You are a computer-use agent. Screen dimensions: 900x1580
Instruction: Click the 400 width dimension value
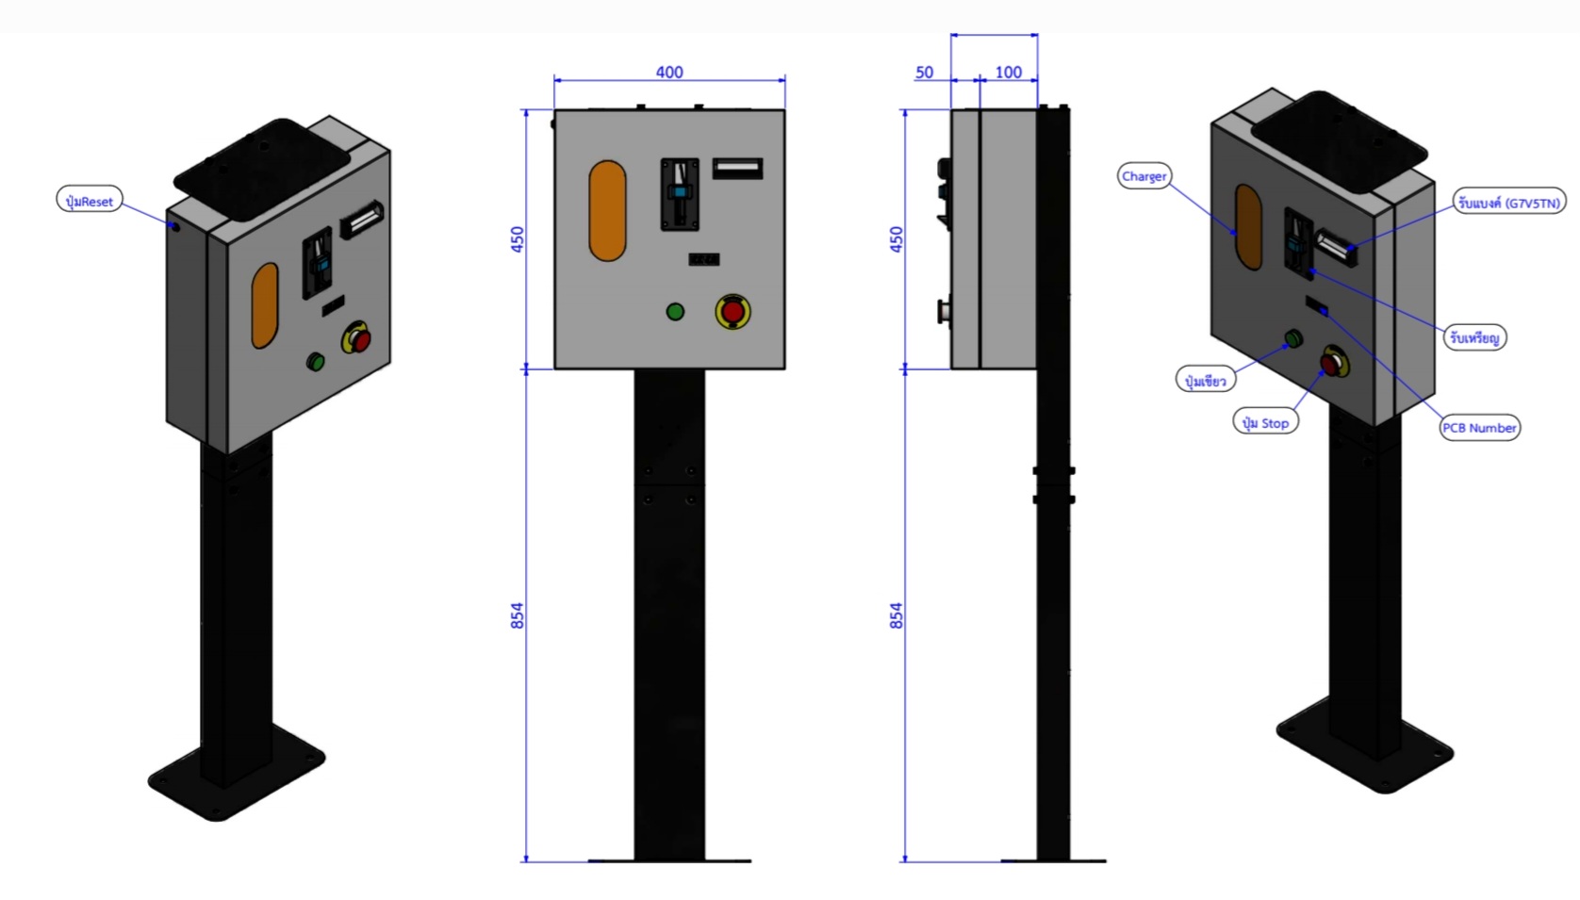[x=669, y=73]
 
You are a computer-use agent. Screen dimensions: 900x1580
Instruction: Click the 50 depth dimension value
[x=924, y=73]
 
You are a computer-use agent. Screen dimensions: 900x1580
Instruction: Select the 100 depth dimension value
[x=1008, y=73]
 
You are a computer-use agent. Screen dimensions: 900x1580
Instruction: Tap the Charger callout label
[x=1144, y=176]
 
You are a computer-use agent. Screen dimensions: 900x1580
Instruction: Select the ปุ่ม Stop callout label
[x=1265, y=423]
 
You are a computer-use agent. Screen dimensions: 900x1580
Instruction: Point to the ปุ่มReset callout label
[x=90, y=201]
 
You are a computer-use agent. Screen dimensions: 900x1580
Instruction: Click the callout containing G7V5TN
[x=1508, y=203]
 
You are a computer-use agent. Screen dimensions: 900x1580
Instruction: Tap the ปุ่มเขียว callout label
[x=1206, y=381]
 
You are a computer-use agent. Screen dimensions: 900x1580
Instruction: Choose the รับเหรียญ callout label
[x=1474, y=337]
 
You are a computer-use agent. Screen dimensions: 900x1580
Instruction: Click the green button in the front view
[x=675, y=312]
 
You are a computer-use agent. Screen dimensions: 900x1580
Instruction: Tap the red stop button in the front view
[x=732, y=312]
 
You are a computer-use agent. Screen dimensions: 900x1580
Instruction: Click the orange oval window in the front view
[x=607, y=211]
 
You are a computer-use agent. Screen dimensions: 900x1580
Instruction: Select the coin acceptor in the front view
[x=680, y=194]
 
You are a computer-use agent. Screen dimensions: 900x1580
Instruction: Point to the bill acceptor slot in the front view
[x=737, y=169]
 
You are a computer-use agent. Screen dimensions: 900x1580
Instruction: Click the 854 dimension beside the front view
[x=518, y=616]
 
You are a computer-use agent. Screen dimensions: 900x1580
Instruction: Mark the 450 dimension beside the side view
[x=897, y=239]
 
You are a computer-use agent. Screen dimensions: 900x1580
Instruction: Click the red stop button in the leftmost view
[x=358, y=338]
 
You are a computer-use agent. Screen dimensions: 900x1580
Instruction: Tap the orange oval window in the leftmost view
[x=265, y=305]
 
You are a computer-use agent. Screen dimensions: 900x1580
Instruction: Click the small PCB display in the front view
[x=704, y=259]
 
